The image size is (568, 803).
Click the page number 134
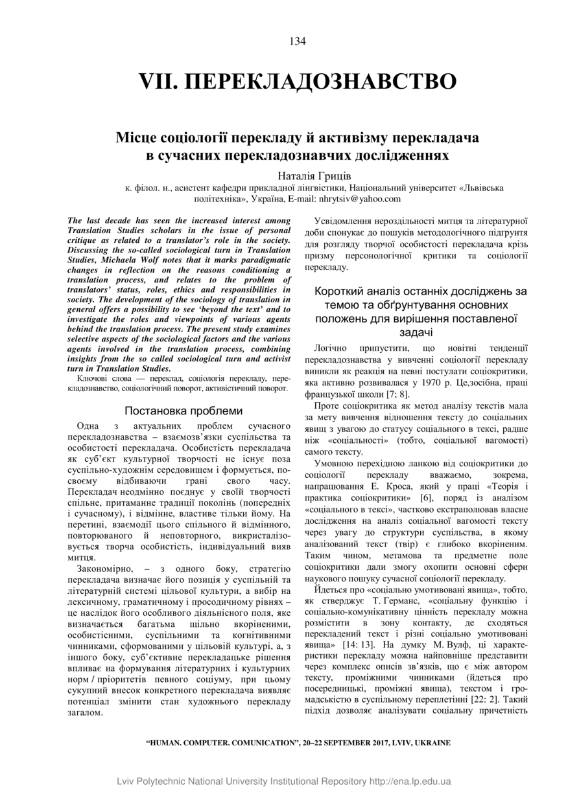(x=298, y=41)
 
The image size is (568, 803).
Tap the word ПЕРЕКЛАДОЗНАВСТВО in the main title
(x=321, y=82)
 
